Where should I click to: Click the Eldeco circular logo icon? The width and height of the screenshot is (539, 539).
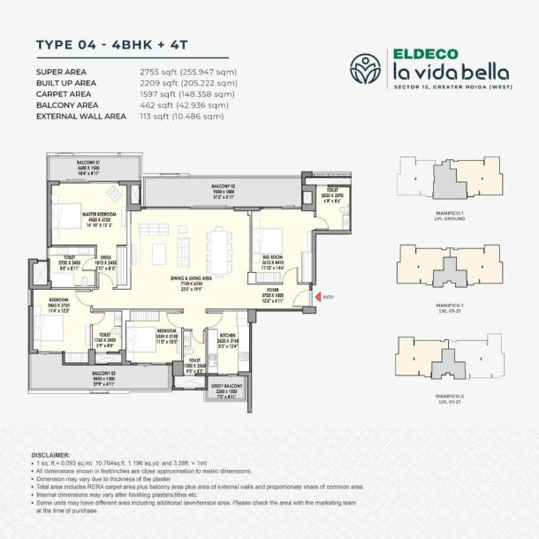(365, 67)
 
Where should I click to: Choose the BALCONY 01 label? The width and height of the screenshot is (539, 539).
(87, 163)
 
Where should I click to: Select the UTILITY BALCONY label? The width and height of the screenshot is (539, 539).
(228, 386)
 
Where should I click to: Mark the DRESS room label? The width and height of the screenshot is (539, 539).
(105, 262)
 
